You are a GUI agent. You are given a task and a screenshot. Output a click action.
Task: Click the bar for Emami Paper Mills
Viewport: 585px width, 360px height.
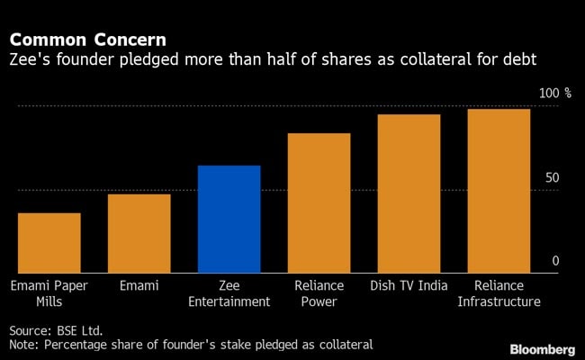pos(49,243)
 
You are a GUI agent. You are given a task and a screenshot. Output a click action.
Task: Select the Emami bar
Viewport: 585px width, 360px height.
pos(139,233)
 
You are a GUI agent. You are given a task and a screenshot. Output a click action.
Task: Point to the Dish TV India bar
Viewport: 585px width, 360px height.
pos(409,193)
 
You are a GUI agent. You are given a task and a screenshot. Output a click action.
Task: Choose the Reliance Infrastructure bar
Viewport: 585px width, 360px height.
pos(499,191)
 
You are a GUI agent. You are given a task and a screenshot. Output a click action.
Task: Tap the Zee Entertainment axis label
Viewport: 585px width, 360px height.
pos(229,293)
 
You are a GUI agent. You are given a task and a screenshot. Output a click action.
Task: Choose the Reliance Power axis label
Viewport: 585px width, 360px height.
pos(319,293)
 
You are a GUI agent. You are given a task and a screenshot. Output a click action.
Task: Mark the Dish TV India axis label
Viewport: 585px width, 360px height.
pos(409,286)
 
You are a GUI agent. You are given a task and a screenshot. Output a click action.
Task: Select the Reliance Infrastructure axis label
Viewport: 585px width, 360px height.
pos(499,293)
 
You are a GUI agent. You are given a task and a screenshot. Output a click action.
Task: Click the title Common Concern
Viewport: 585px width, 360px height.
pos(87,40)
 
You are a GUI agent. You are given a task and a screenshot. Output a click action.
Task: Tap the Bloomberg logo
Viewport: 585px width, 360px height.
pos(544,347)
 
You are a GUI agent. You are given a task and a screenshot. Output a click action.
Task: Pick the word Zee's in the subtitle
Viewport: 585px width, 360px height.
pos(30,60)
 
